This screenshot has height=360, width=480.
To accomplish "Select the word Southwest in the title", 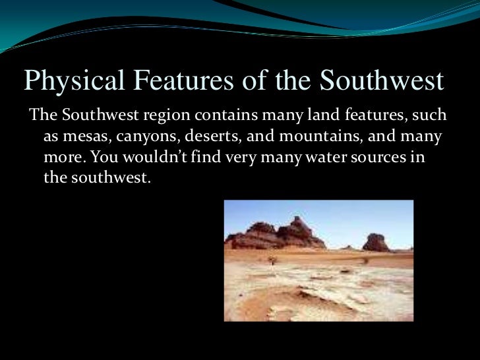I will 381,82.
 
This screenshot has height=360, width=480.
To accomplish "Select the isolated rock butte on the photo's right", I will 376,242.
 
